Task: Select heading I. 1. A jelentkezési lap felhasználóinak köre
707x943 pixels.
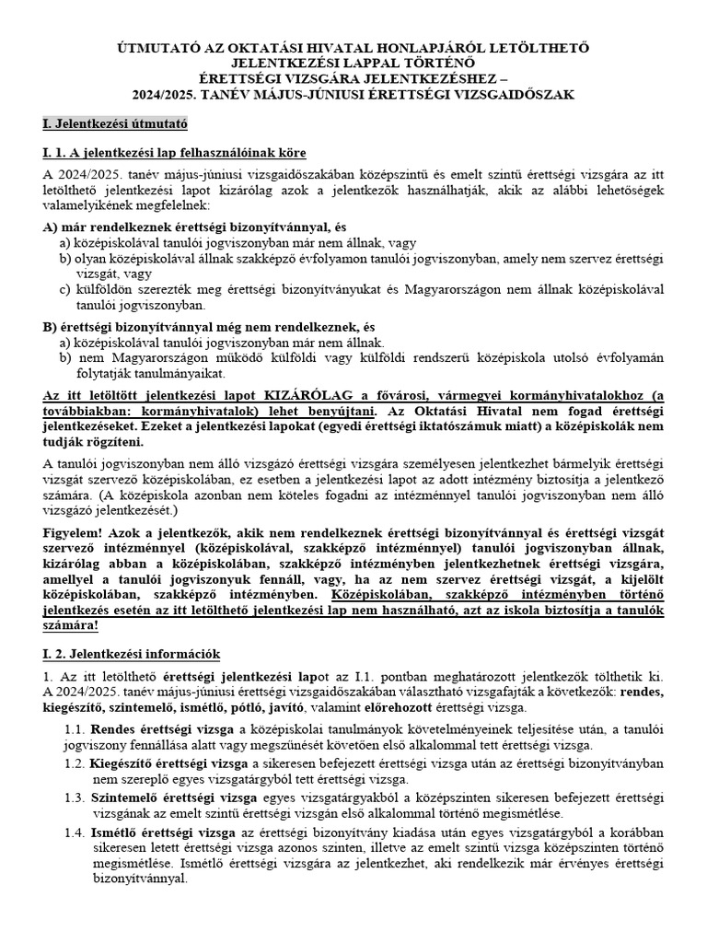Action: pos(174,152)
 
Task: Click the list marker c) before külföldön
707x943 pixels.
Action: pos(65,289)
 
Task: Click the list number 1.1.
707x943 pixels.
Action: pos(76,729)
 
